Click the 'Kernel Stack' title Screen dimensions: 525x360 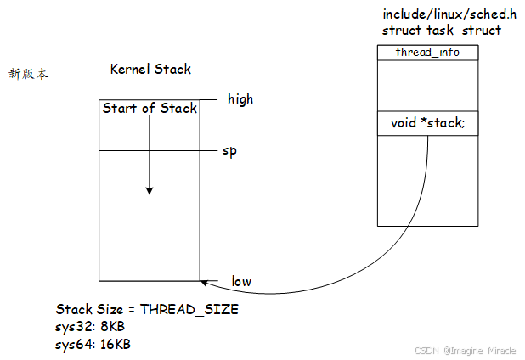150,70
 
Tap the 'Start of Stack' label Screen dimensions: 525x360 150,108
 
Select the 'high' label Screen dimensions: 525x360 240,99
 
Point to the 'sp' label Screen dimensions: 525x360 229,151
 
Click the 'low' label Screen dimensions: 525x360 241,281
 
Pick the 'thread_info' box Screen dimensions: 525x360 427,53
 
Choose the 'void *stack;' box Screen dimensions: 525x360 427,123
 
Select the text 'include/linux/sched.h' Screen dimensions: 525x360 449,15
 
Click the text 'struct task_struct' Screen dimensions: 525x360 441,31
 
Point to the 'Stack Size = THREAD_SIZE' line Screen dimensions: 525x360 147,310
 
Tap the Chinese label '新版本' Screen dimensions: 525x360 28,75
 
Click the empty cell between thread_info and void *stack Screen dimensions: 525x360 427,85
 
